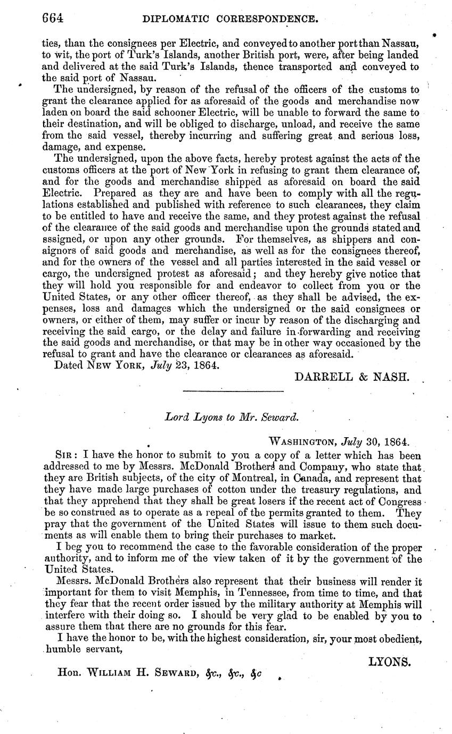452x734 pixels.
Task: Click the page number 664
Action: (x=53, y=19)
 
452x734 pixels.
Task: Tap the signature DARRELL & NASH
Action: (x=352, y=377)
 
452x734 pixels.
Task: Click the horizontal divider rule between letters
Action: (x=232, y=393)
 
